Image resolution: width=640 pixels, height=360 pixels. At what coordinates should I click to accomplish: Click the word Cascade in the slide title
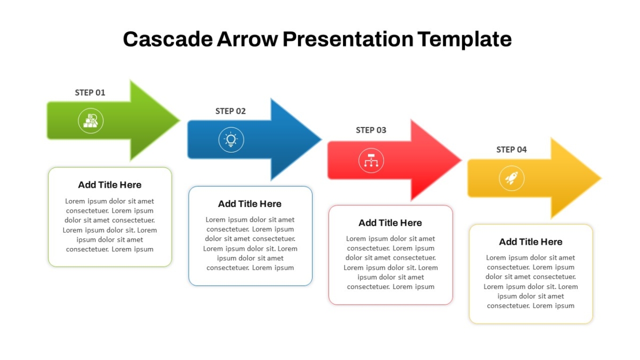point(167,39)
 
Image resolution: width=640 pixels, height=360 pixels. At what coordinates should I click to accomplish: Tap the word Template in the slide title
point(465,39)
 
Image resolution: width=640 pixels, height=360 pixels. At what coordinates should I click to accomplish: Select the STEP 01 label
point(90,93)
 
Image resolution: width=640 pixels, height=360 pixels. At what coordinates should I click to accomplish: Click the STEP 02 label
point(230,111)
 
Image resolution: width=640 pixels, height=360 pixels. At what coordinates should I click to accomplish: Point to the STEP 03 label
point(371,130)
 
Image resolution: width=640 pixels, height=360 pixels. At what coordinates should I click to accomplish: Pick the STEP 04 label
point(511,149)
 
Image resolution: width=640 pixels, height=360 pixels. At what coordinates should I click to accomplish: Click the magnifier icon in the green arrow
point(91,121)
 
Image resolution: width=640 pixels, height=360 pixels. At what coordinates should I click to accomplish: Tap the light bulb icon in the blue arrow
point(231,140)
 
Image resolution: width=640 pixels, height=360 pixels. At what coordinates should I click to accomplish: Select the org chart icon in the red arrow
point(371,161)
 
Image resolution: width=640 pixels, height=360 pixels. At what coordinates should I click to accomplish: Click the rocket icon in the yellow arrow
point(511,178)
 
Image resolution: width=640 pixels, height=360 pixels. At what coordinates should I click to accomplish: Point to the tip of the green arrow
point(180,121)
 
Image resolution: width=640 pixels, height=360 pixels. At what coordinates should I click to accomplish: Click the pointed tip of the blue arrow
point(321,139)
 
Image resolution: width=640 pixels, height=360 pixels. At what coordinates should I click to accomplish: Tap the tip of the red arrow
point(461,160)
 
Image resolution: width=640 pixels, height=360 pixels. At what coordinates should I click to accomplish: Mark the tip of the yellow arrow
point(601,178)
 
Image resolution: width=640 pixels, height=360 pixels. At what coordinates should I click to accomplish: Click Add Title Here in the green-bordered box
point(110,185)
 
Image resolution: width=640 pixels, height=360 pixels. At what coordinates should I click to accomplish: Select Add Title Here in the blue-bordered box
point(250,204)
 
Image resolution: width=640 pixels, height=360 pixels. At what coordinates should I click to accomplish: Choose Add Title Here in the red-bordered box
point(390,223)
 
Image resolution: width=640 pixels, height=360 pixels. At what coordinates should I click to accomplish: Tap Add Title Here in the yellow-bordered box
point(531,242)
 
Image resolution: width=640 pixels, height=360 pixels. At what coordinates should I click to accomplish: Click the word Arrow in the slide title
point(247,39)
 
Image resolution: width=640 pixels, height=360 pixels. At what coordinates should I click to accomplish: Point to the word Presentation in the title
point(348,39)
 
